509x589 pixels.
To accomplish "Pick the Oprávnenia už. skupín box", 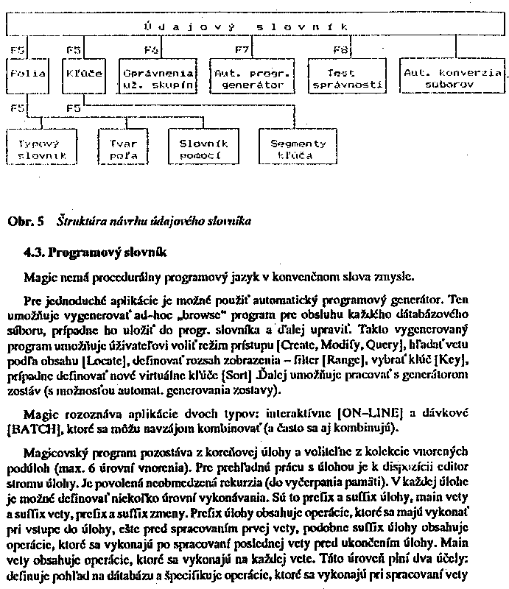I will click(158, 78).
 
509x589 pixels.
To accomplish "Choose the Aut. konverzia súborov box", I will click(452, 78).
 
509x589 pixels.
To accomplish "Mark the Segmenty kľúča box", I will click(298, 149).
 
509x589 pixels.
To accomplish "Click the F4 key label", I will click(151, 50).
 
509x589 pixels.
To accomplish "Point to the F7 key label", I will click(242, 50).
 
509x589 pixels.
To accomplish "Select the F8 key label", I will click(340, 50).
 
